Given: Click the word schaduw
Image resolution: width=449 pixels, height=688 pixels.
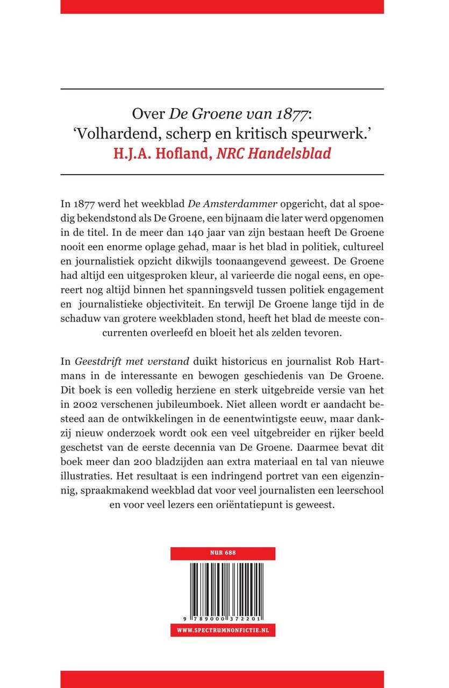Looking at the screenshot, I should coord(80,333).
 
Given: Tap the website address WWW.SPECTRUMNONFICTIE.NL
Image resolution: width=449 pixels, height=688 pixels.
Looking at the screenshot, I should coord(223,629).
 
